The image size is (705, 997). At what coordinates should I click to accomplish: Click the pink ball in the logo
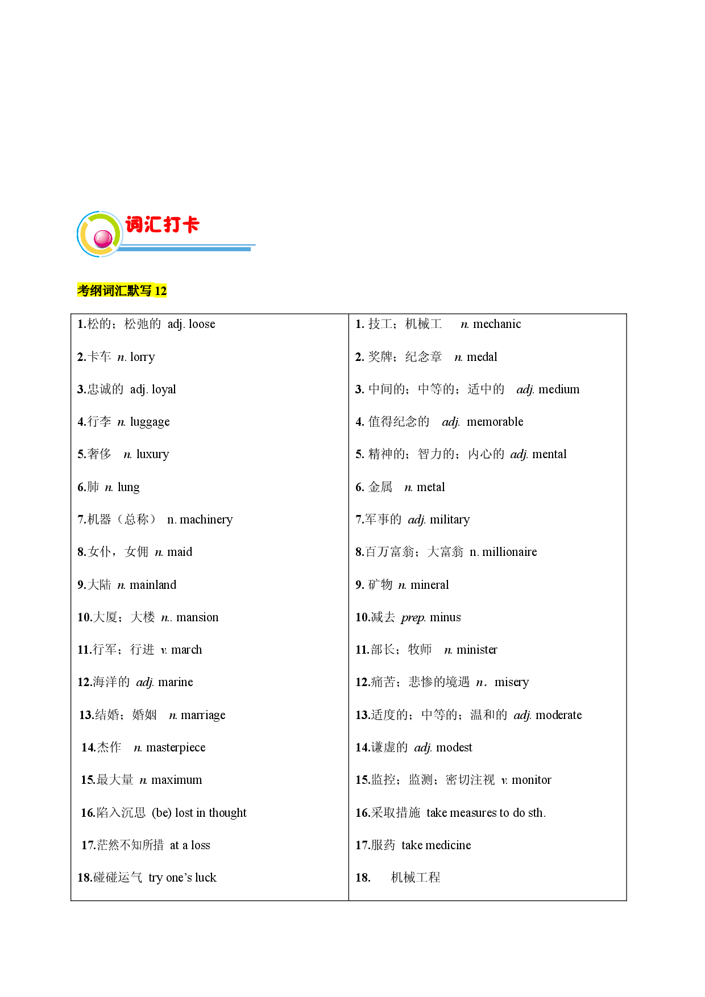pyautogui.click(x=103, y=238)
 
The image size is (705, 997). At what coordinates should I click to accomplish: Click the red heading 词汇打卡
pyautogui.click(x=162, y=225)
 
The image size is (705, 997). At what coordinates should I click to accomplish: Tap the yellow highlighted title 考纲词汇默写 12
pyautogui.click(x=122, y=290)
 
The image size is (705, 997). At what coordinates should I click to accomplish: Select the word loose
pyautogui.click(x=202, y=324)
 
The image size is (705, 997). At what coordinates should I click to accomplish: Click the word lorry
pyautogui.click(x=142, y=357)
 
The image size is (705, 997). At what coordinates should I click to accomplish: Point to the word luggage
pyautogui.click(x=150, y=422)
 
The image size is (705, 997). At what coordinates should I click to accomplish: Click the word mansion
pyautogui.click(x=197, y=617)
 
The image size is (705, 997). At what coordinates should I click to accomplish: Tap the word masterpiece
pyautogui.click(x=176, y=747)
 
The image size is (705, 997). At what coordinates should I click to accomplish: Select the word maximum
pyautogui.click(x=177, y=780)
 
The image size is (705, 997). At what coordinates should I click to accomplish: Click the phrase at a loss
pyautogui.click(x=190, y=845)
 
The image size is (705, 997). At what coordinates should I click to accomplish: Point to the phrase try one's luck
pyautogui.click(x=183, y=878)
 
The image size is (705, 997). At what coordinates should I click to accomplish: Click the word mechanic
pyautogui.click(x=497, y=324)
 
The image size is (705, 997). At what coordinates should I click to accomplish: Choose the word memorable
pyautogui.click(x=495, y=422)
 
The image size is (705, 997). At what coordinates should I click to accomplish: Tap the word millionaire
pyautogui.click(x=509, y=552)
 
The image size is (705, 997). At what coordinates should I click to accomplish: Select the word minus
pyautogui.click(x=445, y=617)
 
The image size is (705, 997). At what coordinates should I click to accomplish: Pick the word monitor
pyautogui.click(x=532, y=780)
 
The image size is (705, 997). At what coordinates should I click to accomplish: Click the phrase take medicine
pyautogui.click(x=436, y=845)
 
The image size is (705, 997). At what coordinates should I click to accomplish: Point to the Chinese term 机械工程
pyautogui.click(x=416, y=878)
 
